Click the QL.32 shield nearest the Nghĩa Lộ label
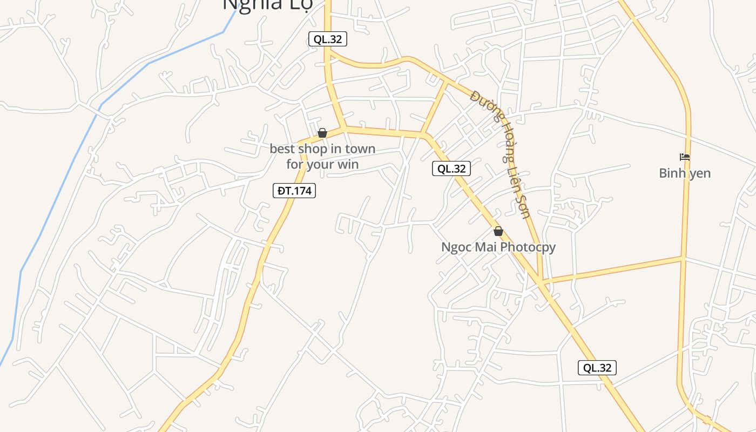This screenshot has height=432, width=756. click(x=328, y=39)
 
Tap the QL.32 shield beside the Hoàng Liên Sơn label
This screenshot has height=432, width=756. click(x=451, y=168)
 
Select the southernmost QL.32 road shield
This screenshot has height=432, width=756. click(x=597, y=368)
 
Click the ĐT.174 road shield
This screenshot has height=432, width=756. click(x=294, y=191)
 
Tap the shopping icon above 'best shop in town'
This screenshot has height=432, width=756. click(x=322, y=133)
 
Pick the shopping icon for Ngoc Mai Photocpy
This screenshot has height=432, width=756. click(x=498, y=231)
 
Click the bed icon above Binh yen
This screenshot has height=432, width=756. click(x=685, y=157)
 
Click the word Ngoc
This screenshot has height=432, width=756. click(x=455, y=247)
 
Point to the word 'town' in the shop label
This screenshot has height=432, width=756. click(x=360, y=149)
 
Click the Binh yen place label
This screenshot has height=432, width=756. click(x=685, y=173)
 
